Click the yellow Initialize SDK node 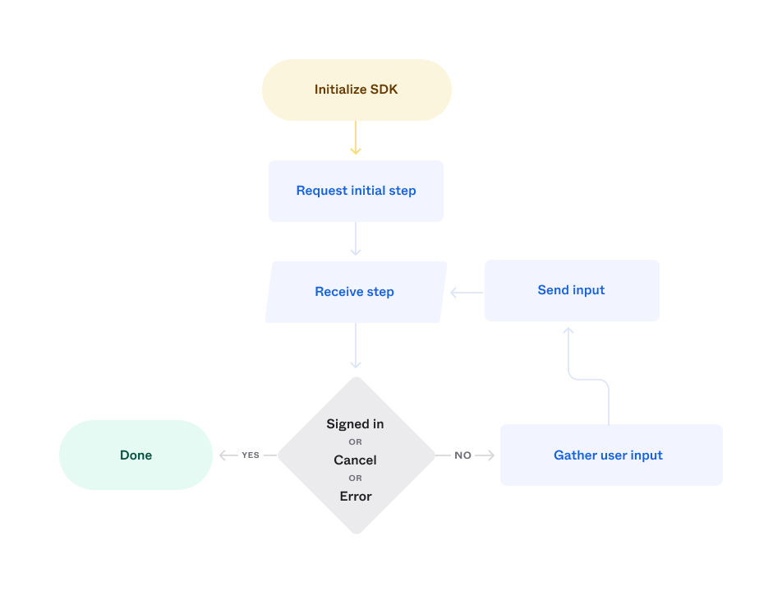coord(356,90)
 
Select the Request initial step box coord(356,191)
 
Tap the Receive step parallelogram coord(355,292)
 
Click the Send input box coord(572,290)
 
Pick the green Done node coord(136,455)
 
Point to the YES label coord(251,455)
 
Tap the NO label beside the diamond coord(463,455)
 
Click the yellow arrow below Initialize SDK coord(356,138)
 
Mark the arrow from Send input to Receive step coord(467,292)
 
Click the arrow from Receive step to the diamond coord(356,345)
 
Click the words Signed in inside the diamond coord(355,424)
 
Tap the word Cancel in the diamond coord(355,460)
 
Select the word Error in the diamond coord(356,497)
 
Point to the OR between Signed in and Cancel coord(355,442)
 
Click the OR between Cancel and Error coord(355,478)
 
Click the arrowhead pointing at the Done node coord(223,455)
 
